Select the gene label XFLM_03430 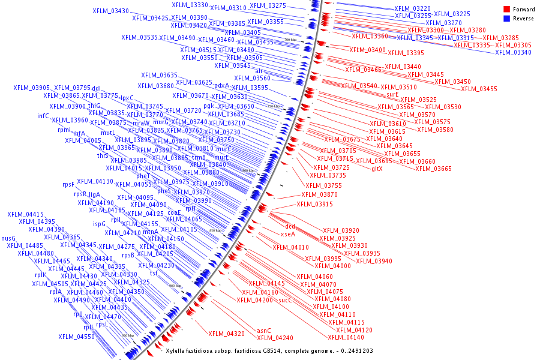110,11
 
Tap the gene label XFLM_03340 513,52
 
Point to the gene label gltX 377,169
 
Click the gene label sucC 286,299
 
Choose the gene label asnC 264,331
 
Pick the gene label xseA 288,234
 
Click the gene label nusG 8,238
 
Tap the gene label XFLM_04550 76,337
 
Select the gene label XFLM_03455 479,89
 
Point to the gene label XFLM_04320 226,333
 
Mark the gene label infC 43,116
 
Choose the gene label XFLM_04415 25,214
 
